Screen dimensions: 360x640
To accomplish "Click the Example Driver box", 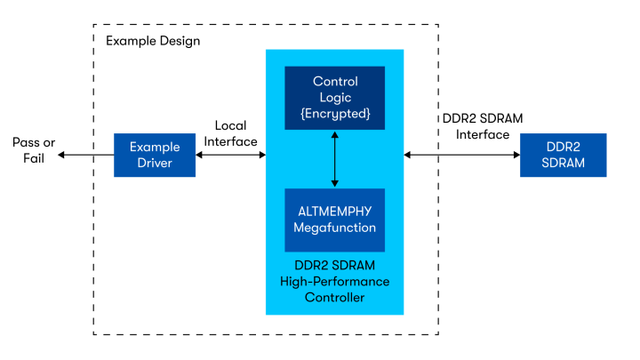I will point(155,155).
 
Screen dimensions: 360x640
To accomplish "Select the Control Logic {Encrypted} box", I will point(334,98).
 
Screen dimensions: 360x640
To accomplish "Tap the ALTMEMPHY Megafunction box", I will point(334,220).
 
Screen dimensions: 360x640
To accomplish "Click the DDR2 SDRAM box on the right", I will point(563,155).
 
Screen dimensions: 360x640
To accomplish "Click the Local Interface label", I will point(230,133).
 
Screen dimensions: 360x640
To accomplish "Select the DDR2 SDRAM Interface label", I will point(482,126).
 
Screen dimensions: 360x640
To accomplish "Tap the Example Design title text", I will point(153,41).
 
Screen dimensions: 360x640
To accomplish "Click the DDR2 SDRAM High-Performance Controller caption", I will point(334,281).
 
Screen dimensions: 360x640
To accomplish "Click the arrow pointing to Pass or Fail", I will point(84,155).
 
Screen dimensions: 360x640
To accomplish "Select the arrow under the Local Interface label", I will point(231,155).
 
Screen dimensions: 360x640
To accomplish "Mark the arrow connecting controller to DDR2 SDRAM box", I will point(461,155).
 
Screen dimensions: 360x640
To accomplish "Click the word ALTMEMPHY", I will point(334,212).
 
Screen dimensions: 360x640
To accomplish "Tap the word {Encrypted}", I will point(334,114).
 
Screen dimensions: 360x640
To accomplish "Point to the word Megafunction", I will point(334,228).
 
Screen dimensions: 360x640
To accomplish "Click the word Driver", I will point(155,163).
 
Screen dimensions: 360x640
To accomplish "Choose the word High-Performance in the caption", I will point(334,281).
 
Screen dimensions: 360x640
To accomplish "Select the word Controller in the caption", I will point(334,297).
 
